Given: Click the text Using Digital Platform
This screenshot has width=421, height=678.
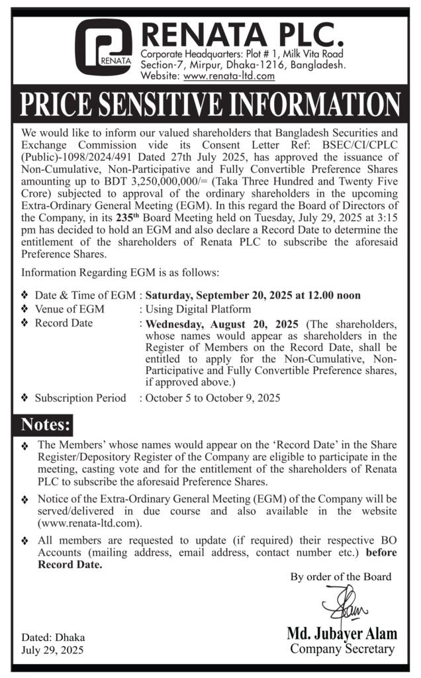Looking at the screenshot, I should [198, 309].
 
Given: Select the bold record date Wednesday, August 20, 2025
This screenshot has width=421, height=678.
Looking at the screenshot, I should [220, 324].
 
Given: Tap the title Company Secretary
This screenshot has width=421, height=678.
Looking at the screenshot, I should [343, 650].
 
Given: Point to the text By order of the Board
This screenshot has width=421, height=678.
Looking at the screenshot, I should [340, 577].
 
